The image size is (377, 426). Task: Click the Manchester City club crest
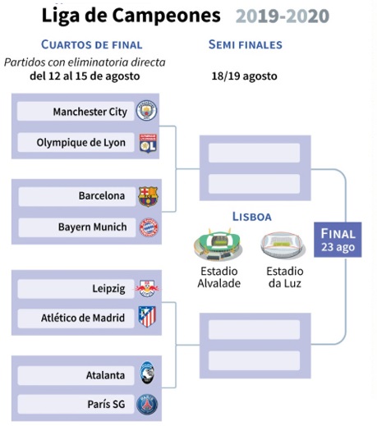click(x=147, y=110)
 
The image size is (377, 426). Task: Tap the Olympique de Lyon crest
click(x=148, y=143)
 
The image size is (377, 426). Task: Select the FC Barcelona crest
click(x=148, y=196)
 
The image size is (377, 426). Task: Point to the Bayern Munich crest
click(x=149, y=227)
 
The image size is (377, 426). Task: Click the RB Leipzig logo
click(x=147, y=288)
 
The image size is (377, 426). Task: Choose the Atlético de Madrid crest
click(x=147, y=317)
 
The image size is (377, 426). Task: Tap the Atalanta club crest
click(x=147, y=373)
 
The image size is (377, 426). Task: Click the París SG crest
click(x=147, y=405)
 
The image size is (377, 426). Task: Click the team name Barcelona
click(x=102, y=196)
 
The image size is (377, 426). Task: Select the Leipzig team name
click(x=108, y=289)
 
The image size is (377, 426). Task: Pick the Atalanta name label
click(x=105, y=375)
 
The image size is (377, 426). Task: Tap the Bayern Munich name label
click(x=93, y=227)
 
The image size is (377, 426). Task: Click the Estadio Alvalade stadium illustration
click(x=218, y=245)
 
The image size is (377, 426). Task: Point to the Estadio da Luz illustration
click(x=283, y=246)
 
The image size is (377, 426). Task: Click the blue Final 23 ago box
click(x=338, y=240)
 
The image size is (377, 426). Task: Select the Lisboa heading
click(x=252, y=217)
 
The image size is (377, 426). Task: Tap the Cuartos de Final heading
click(x=92, y=44)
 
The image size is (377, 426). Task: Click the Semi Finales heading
click(x=246, y=44)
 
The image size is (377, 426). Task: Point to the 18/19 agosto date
click(x=244, y=76)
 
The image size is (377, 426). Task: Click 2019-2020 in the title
click(x=283, y=16)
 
